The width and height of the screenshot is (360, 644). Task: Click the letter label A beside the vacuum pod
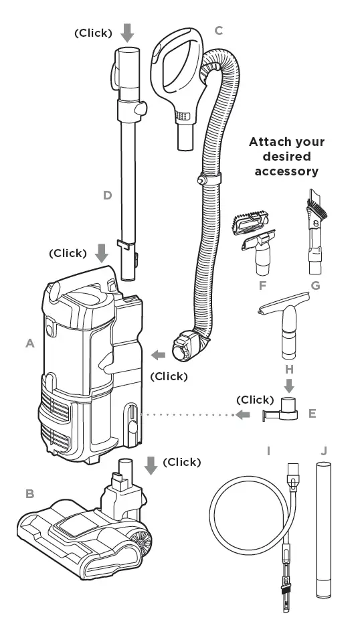(x=29, y=343)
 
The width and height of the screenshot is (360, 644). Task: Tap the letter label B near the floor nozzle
(x=29, y=494)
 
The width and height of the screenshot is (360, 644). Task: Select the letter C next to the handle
(x=219, y=31)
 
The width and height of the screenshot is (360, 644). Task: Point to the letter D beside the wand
(x=106, y=195)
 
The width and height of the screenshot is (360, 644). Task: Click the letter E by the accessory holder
(x=312, y=414)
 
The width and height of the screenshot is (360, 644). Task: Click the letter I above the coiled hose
(x=268, y=451)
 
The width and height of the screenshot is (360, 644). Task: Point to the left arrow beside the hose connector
(x=159, y=354)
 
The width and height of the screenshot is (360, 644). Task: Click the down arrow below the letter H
(x=288, y=386)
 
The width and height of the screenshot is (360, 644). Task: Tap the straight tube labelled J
(x=323, y=529)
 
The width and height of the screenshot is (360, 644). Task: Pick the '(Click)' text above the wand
(x=93, y=33)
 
